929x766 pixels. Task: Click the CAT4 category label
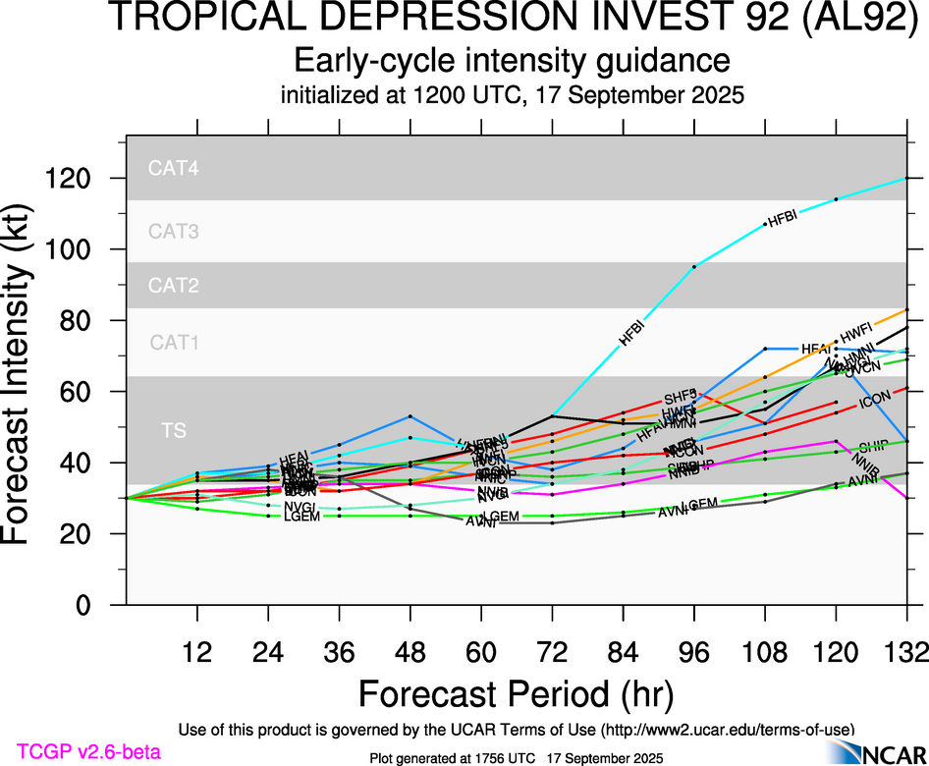coord(174,168)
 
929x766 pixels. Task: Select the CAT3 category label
coord(174,232)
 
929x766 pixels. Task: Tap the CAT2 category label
coord(174,286)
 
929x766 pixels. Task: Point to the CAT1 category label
coord(174,343)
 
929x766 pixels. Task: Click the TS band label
coord(174,429)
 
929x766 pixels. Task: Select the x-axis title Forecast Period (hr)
coord(516,693)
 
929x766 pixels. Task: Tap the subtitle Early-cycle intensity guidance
coord(513,61)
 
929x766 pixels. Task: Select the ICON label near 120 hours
coord(874,403)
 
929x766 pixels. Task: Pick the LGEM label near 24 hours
coord(301,517)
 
